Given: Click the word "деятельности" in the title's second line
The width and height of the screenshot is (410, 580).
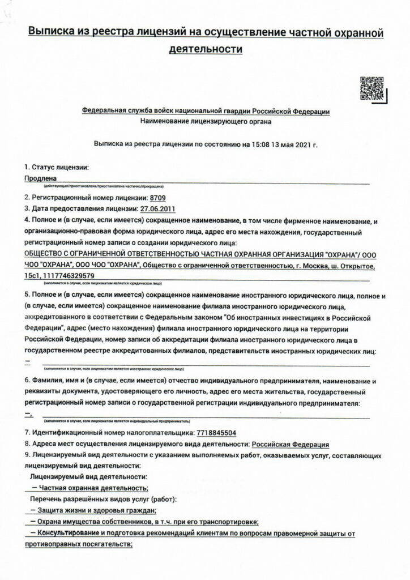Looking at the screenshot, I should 206,49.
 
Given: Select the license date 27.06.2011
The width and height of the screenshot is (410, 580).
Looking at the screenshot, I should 158,208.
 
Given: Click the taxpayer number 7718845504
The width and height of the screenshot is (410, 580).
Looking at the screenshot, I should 216,433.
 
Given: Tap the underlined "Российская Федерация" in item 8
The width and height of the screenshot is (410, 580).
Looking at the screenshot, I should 290,444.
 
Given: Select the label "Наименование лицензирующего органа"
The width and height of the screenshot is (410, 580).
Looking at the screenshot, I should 206,121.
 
